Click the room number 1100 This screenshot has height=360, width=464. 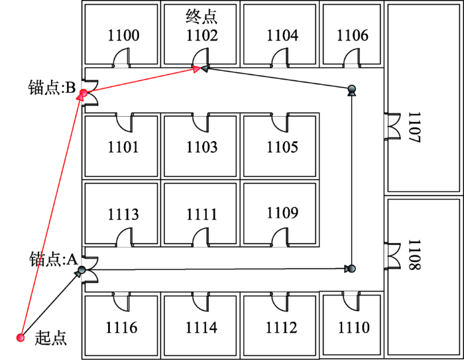coord(123,35)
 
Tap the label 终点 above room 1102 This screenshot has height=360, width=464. coord(202,17)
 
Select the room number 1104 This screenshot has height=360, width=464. coord(282,35)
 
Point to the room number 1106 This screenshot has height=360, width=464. coord(353,35)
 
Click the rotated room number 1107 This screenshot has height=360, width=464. coord(414,127)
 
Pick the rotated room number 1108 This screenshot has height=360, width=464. coord(414,255)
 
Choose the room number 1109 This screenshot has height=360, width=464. coord(282,213)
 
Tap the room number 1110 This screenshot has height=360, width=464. coord(354,328)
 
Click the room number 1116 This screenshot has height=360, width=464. coord(121,328)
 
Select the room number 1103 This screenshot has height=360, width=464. coord(202,147)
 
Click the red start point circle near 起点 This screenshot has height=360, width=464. coord(21,337)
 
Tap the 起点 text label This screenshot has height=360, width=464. coord(50,338)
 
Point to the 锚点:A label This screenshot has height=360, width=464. coord(53,260)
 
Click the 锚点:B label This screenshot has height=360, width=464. coord(52,88)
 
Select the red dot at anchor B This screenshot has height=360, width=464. coord(84,93)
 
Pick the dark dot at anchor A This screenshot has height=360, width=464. coord(82,270)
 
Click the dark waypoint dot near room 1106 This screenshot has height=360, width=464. coord(351,89)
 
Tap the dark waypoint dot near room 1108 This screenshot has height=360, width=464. coord(351,269)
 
